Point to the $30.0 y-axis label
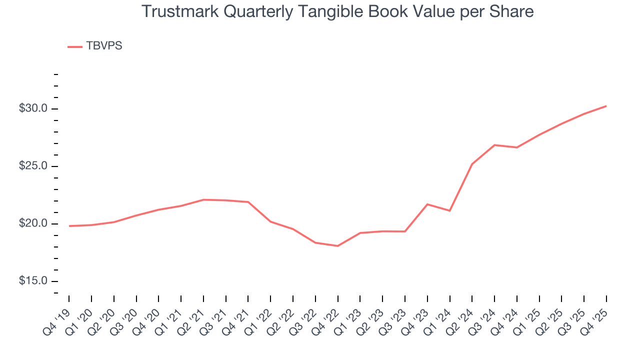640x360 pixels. click(x=33, y=109)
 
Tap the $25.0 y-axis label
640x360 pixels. click(x=33, y=166)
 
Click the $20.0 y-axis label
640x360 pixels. click(x=33, y=224)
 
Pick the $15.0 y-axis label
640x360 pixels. click(x=33, y=281)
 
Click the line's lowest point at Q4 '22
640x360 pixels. click(x=338, y=246)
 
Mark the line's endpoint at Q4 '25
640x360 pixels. click(x=606, y=106)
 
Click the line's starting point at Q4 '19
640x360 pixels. click(x=69, y=226)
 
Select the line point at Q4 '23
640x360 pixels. click(x=427, y=204)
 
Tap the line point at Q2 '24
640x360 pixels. click(x=472, y=164)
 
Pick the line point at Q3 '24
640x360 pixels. click(x=494, y=145)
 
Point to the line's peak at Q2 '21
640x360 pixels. click(x=203, y=199)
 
